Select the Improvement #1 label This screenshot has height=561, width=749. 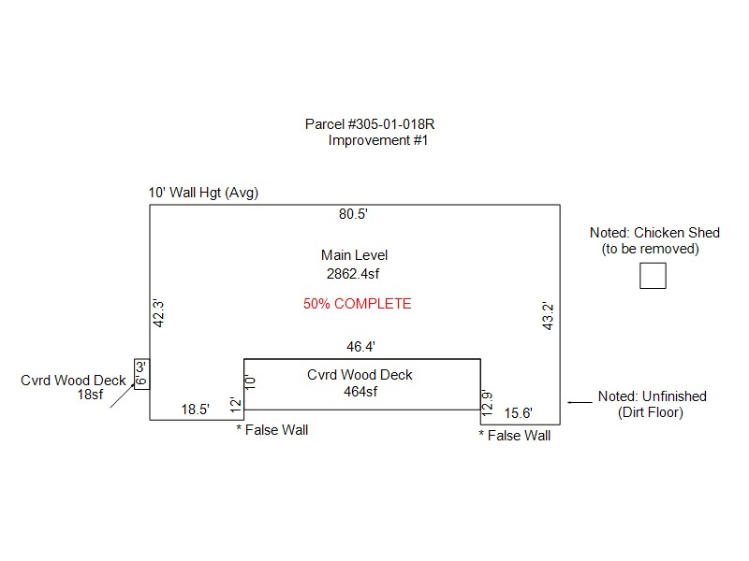[378, 140]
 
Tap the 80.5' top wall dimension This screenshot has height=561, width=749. [353, 214]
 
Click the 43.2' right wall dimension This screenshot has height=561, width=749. [550, 314]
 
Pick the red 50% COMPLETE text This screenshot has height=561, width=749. [357, 304]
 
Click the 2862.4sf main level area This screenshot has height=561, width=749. [354, 274]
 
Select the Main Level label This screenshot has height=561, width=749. [354, 255]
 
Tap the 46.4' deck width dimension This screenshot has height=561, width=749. [360, 347]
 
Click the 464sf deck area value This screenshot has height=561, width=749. [360, 392]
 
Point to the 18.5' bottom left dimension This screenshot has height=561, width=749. [195, 409]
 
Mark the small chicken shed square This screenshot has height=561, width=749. [653, 276]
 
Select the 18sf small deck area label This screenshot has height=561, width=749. [90, 395]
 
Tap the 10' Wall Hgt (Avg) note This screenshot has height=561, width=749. [203, 194]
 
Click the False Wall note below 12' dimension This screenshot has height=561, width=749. [272, 430]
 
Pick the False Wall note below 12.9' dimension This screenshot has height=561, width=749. [515, 436]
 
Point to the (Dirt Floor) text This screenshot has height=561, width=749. [652, 412]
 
